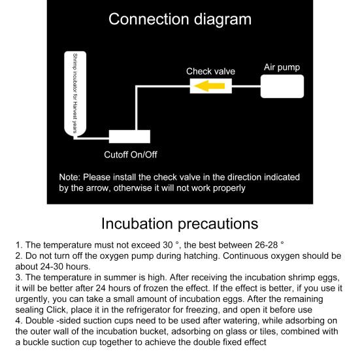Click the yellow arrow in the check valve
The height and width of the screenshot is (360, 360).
(209, 86)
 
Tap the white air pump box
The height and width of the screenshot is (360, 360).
(282, 86)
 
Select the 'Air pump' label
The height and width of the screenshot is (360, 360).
(282, 67)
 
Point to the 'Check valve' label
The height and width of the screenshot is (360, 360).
(210, 71)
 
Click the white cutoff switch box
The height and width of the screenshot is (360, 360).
(129, 137)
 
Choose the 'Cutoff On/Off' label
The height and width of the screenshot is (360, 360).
(131, 154)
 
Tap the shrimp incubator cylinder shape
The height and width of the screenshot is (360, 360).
(75, 94)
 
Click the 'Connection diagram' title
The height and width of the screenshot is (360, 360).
(180, 19)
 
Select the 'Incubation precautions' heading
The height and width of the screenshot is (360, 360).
(180, 223)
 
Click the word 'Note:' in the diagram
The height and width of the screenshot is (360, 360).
(69, 177)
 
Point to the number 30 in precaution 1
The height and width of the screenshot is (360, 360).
(168, 245)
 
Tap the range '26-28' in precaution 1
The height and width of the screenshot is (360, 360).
(267, 245)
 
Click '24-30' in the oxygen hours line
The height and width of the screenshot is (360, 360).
(52, 267)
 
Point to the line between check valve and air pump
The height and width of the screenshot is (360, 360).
(246, 86)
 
